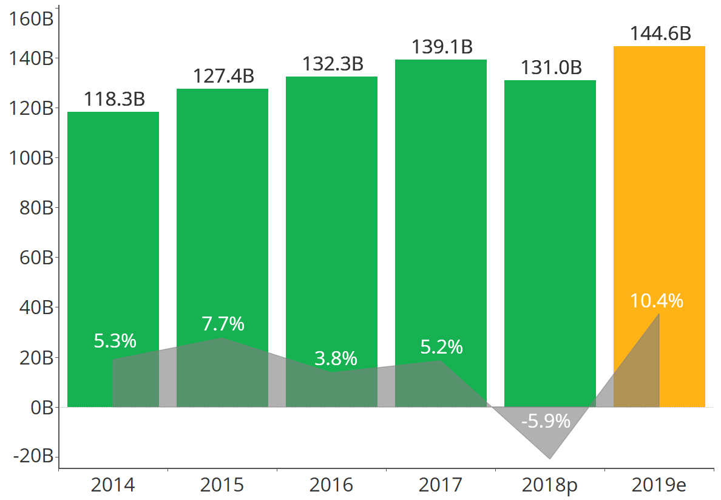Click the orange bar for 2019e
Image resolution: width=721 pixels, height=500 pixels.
[660, 182]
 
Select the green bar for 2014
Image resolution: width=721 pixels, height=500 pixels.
[113, 231]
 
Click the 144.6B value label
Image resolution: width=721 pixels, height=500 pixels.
[660, 34]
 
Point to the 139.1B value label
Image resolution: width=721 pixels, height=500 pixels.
[442, 47]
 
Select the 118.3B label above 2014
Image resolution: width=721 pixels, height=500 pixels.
[114, 100]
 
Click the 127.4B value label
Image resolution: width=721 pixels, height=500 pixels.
[223, 77]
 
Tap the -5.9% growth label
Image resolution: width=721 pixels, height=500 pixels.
[546, 421]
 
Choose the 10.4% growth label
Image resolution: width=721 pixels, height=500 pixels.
[657, 301]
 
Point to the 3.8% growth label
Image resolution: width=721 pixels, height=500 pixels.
[336, 359]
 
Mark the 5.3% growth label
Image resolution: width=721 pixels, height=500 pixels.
[115, 341]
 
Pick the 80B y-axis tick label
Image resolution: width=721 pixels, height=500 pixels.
[32, 208]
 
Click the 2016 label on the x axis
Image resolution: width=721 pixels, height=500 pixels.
[331, 485]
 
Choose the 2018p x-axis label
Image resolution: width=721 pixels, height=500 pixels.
[550, 485]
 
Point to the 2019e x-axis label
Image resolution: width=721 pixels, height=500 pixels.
[659, 485]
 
